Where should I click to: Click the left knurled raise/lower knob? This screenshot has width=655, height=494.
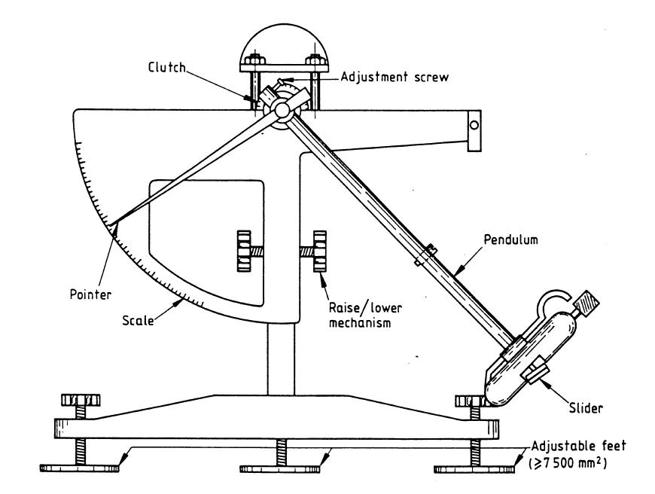(245, 252)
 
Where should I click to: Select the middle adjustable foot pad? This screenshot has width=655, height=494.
(280, 468)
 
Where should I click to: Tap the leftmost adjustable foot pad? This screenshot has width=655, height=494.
(78, 468)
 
